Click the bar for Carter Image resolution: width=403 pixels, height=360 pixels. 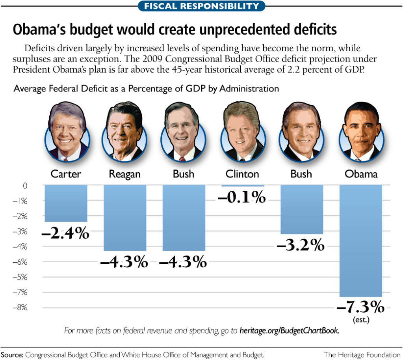coord(66,203)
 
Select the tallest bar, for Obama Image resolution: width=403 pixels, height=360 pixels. coord(360,241)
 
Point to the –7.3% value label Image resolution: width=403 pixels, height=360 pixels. coord(360,306)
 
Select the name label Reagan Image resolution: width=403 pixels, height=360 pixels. coord(124,174)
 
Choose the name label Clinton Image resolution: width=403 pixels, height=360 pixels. coord(242,174)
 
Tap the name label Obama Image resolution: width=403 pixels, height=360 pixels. coord(361,174)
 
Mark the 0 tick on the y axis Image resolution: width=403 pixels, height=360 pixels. coord(24,185)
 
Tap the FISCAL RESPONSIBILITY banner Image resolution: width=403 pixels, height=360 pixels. coord(201,6)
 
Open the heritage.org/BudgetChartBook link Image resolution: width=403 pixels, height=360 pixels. coord(289,330)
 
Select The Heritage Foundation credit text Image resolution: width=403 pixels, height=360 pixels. coord(362,354)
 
